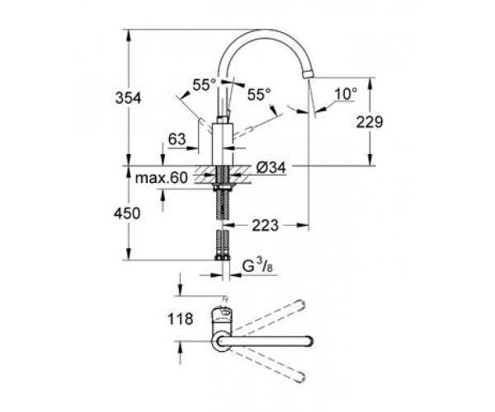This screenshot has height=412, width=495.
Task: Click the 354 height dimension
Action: pyautogui.click(x=128, y=98)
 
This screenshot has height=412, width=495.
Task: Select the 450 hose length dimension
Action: pyautogui.click(x=127, y=213)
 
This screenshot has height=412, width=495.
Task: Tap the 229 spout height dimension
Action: pyautogui.click(x=370, y=122)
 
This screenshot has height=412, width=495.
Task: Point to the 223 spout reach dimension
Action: pyautogui.click(x=265, y=225)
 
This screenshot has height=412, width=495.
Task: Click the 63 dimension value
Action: pyautogui.click(x=177, y=138)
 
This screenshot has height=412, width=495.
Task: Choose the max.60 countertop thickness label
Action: pyautogui.click(x=162, y=178)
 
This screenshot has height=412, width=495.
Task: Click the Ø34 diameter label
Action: pyautogui.click(x=271, y=167)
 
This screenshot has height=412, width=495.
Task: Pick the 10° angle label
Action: pyautogui.click(x=346, y=94)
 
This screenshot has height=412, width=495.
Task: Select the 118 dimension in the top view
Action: pyautogui.click(x=180, y=319)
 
